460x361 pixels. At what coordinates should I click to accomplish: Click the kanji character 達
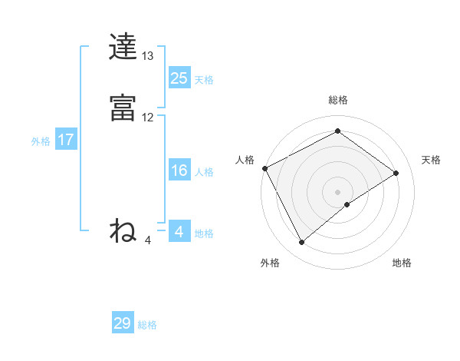(123, 47)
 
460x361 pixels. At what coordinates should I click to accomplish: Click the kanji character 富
(123, 108)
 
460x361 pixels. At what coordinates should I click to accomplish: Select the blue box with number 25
(179, 78)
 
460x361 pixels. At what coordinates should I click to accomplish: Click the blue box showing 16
(179, 171)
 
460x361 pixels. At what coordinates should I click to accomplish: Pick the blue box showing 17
(65, 140)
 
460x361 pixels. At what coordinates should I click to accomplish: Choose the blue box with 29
(123, 323)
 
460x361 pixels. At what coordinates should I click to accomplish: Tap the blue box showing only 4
(179, 232)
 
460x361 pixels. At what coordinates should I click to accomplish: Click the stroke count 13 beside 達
(148, 56)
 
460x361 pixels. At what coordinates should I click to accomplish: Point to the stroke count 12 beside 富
(148, 118)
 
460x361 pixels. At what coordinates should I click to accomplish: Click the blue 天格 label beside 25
(204, 80)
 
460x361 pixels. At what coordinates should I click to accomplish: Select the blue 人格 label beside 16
(204, 173)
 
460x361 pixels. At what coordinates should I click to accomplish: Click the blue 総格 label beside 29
(147, 326)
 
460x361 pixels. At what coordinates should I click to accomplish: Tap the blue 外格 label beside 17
(41, 142)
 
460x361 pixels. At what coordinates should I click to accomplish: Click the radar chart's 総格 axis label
(338, 100)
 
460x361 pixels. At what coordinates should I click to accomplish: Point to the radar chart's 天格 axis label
(432, 160)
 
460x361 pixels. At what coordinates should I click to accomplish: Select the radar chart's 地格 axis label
(402, 263)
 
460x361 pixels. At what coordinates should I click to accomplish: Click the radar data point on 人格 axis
(264, 168)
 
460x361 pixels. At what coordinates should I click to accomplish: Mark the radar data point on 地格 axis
(347, 204)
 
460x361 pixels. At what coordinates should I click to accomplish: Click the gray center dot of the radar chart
(337, 191)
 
